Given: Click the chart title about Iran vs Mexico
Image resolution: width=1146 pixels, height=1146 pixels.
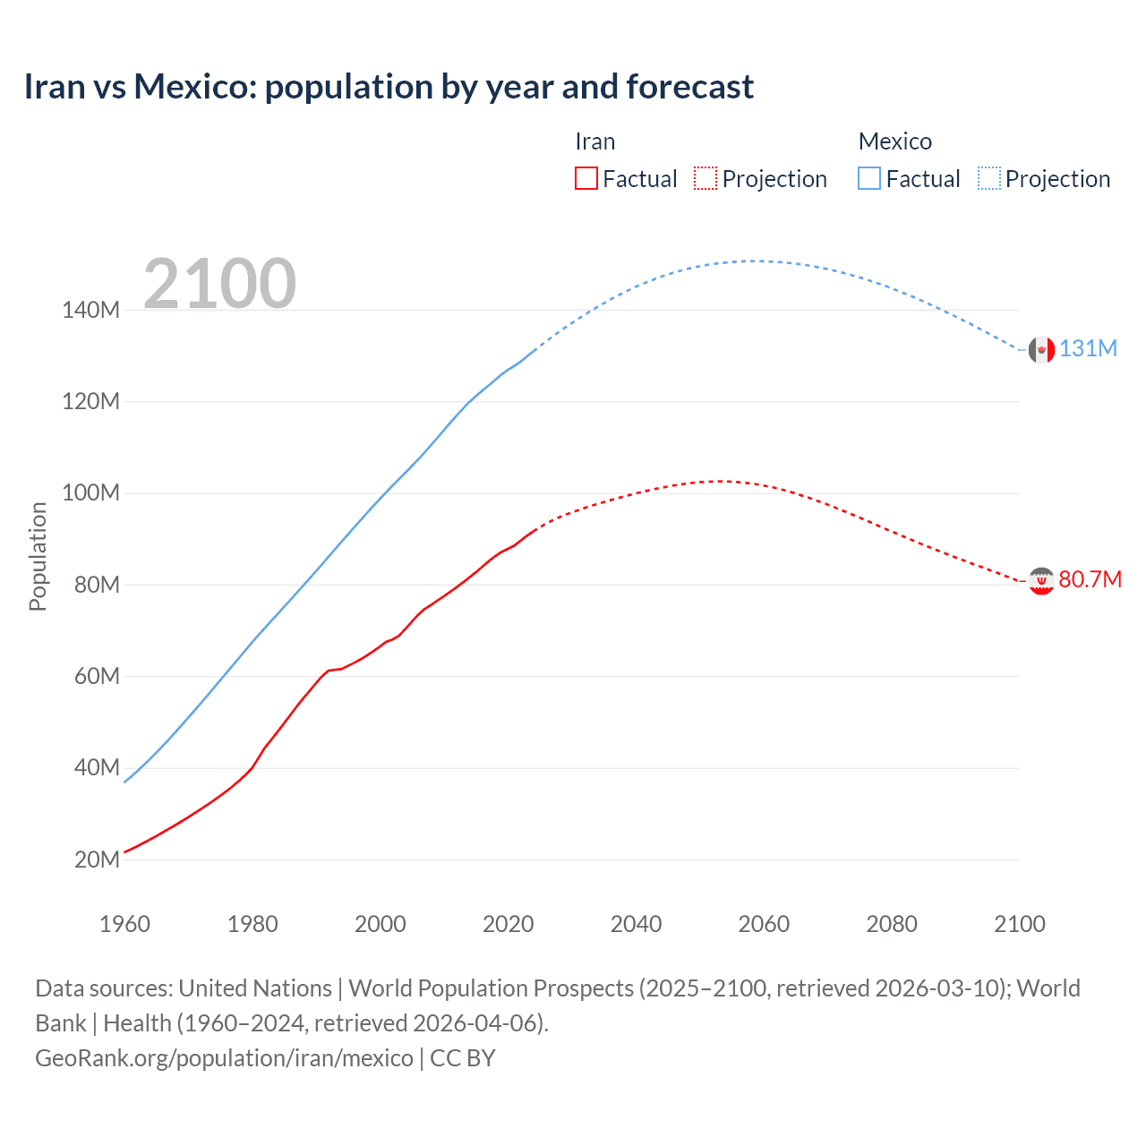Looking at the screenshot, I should [x=389, y=87].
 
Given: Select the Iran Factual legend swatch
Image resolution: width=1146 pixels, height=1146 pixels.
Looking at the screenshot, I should [x=586, y=178].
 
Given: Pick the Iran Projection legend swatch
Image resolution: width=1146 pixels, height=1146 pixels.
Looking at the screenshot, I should [x=706, y=178].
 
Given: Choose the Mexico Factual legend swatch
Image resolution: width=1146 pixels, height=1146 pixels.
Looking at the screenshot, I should [x=869, y=178].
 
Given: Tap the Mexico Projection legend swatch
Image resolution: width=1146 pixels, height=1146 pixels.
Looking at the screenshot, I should [x=988, y=178].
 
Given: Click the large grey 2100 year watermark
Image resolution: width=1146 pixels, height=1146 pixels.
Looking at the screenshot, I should [x=219, y=284].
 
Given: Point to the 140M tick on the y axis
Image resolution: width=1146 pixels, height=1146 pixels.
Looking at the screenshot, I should [x=90, y=311].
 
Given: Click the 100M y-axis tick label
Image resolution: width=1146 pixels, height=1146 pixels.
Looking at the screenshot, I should [x=90, y=493].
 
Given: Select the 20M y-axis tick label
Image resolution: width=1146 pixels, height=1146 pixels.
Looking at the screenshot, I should [x=97, y=860].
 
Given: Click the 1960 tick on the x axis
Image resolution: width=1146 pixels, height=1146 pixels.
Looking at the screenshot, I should [x=124, y=924].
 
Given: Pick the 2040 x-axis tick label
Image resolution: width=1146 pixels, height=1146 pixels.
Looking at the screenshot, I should [x=636, y=924].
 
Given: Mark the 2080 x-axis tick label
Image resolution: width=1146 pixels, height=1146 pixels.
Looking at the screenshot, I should [x=892, y=924].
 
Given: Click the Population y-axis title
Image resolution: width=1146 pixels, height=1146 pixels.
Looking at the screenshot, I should [x=38, y=556].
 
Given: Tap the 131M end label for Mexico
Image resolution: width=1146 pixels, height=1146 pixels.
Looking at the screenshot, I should [x=1088, y=349].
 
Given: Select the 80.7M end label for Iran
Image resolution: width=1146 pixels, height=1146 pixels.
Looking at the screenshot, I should [x=1090, y=580].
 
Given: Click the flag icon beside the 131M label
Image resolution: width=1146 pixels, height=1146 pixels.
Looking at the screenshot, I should [x=1041, y=350].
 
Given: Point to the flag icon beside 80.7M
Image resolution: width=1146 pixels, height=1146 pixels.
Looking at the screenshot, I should [x=1041, y=581].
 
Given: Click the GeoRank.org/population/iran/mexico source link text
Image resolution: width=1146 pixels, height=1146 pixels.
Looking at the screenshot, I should [x=224, y=1058].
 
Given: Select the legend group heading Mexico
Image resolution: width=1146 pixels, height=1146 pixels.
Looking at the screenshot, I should [x=894, y=141].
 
